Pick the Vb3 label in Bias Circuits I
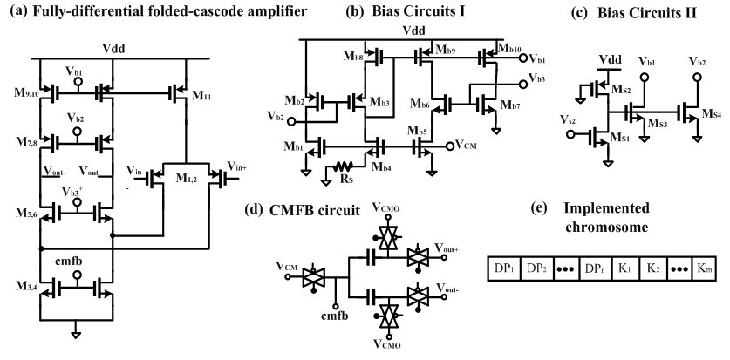pyautogui.click(x=531, y=80)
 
